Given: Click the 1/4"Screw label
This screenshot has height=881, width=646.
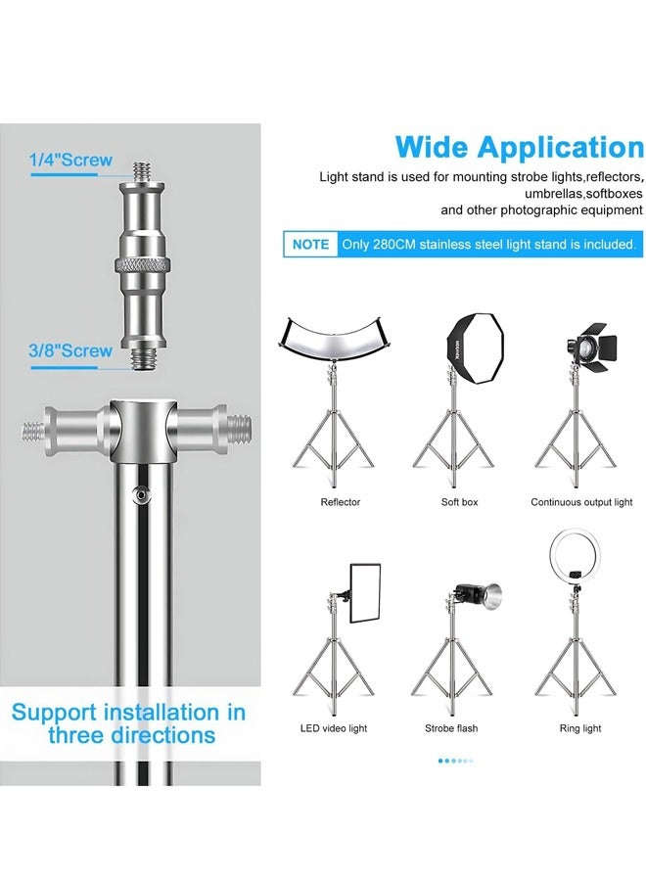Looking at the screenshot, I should [71, 161].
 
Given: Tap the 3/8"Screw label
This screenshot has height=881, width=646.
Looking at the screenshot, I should [71, 350].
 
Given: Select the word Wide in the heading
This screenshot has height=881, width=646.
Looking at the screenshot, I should [432, 149].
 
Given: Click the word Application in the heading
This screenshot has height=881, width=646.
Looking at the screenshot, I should [561, 149].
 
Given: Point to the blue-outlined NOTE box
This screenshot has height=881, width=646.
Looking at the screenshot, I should [310, 244].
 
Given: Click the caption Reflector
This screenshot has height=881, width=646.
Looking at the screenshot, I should [340, 502].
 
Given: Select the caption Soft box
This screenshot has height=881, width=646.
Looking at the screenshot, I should [459, 502].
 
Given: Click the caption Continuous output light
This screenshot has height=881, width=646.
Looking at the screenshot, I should [581, 502].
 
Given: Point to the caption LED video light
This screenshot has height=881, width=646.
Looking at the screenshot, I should [333, 728].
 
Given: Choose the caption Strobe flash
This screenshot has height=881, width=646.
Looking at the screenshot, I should [451, 728].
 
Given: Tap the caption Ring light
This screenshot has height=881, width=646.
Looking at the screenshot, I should [579, 728].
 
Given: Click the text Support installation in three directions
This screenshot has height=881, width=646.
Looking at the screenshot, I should [128, 722].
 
